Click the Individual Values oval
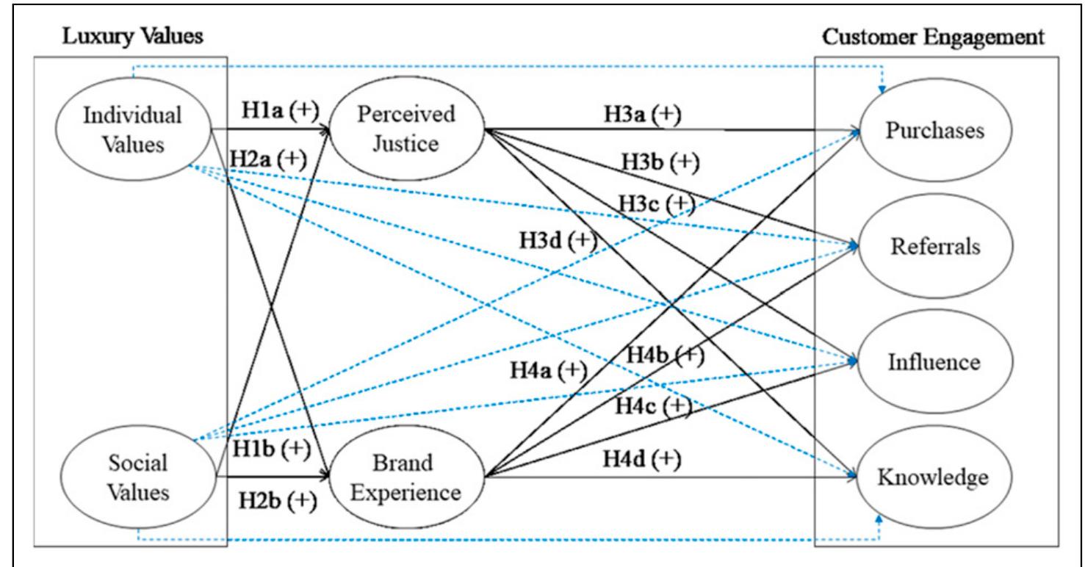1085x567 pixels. [133, 129]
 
